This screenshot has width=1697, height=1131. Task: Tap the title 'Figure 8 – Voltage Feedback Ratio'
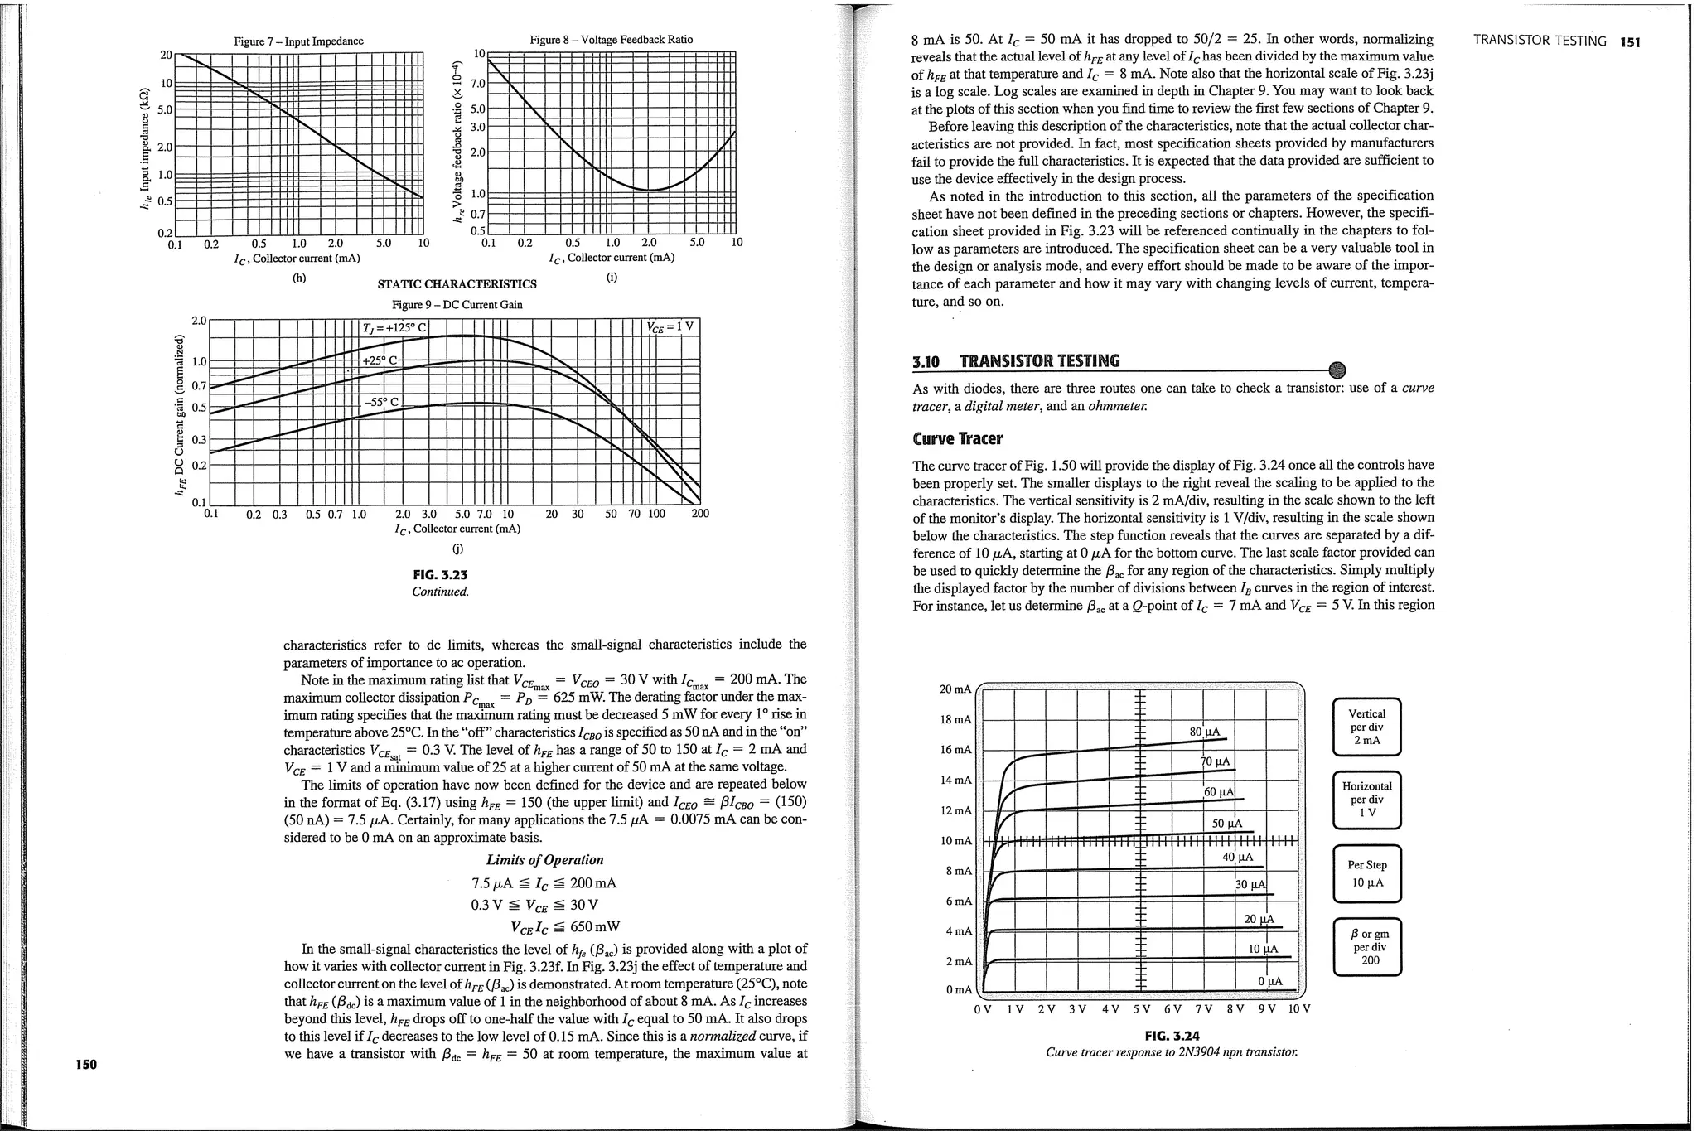[611, 39]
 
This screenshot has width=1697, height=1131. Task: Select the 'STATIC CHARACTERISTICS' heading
[457, 283]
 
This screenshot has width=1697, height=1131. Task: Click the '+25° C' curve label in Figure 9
[381, 360]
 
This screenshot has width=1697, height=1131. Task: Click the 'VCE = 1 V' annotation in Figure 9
[670, 326]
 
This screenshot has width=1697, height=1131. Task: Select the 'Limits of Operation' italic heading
[544, 859]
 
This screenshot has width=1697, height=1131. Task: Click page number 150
[86, 1065]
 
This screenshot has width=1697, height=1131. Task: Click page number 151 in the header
[1630, 41]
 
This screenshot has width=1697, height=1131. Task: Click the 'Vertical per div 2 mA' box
[1366, 727]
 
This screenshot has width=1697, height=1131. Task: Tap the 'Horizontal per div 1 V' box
[1366, 800]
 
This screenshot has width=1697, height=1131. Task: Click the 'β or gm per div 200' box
[1366, 946]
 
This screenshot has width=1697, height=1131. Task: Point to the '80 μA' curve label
[1204, 732]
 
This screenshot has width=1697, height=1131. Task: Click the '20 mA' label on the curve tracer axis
[955, 689]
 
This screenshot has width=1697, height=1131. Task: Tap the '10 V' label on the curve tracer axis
[1298, 1008]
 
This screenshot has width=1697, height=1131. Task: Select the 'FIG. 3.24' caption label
[1172, 1035]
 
